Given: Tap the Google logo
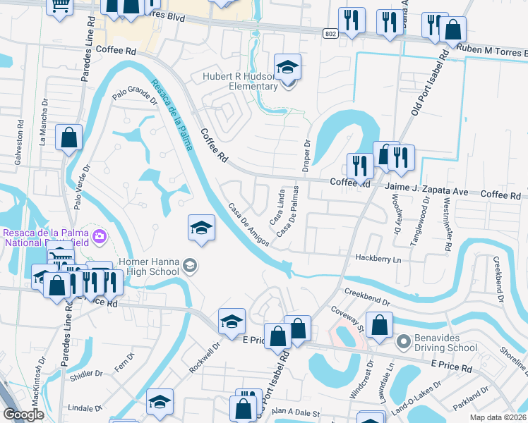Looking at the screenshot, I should (24, 415).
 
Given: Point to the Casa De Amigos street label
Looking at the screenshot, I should (248, 225).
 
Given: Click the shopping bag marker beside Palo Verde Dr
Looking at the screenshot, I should (68, 137).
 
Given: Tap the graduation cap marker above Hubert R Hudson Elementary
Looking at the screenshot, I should (287, 66).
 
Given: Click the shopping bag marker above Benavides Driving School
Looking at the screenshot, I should (380, 325).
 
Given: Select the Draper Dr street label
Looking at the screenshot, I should (307, 154).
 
